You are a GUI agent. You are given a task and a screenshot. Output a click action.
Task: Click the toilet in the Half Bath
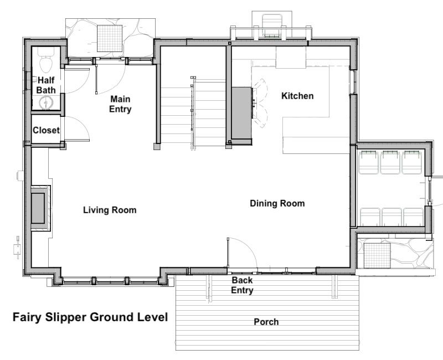point(46,60)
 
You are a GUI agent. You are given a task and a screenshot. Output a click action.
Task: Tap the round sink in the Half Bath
point(45,102)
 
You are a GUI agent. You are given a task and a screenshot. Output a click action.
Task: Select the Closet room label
point(46,130)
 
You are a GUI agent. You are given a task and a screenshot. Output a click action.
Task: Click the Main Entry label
point(120,104)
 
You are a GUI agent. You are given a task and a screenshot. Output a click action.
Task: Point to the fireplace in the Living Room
point(40,208)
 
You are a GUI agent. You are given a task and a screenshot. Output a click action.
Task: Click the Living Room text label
point(110,210)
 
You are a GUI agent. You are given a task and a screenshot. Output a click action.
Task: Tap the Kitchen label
point(297,96)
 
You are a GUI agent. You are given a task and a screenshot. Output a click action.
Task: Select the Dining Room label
point(277,203)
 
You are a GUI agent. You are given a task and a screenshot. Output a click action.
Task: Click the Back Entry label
point(242,285)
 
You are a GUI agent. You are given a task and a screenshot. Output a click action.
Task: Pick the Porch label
point(266,322)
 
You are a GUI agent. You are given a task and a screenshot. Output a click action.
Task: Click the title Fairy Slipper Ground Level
point(90,317)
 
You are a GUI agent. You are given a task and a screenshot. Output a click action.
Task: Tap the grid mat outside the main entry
point(110,38)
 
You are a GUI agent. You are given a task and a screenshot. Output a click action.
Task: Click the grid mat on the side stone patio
point(377,255)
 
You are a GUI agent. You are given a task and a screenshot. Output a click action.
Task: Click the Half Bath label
point(46,85)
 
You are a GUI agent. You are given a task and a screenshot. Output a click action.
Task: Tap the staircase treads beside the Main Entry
point(193,112)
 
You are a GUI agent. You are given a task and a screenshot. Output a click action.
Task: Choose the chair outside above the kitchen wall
point(272,25)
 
